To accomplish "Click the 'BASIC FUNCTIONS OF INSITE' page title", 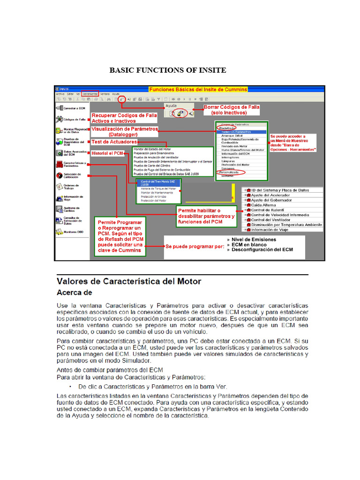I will pos(167,70).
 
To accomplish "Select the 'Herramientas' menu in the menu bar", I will pos(90,94).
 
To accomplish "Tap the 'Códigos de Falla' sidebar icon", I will pos(60,120).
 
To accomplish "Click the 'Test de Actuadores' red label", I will pos(114,142).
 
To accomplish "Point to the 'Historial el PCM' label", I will pos(107,153).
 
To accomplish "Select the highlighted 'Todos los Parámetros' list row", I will pos(240,132).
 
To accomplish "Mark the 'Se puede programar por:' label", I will pos(194,247).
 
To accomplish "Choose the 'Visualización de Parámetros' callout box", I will pos(125,131).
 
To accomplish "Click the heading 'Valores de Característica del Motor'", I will pos(129,282).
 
